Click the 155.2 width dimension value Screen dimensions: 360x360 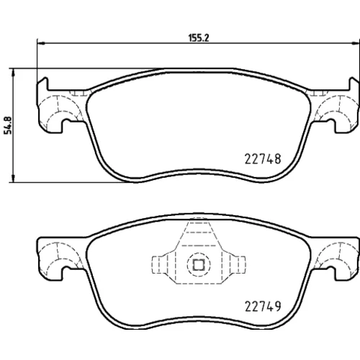tap(199, 37)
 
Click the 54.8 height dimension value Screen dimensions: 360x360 tap(9, 125)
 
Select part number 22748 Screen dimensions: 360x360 tap(263, 159)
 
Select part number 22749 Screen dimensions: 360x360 tap(263, 306)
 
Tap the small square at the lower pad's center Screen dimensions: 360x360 tap(199, 265)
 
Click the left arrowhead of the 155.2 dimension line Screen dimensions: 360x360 tap(41, 43)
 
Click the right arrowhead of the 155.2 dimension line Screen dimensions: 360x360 tap(355, 43)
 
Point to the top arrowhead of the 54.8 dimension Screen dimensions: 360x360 tap(14, 73)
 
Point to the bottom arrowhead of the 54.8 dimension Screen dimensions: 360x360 tap(14, 178)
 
